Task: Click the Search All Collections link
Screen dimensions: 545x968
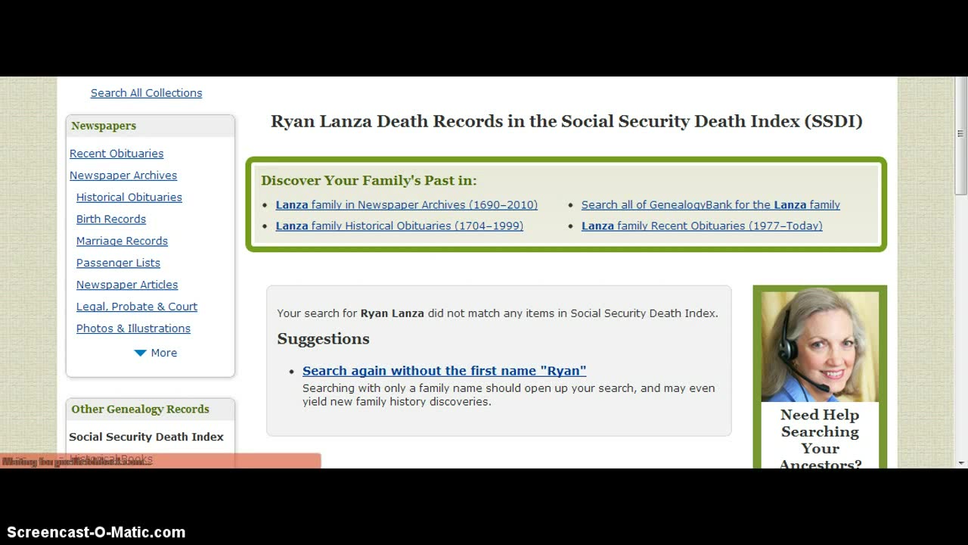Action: pyautogui.click(x=146, y=93)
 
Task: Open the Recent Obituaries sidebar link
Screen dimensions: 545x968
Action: pyautogui.click(x=116, y=154)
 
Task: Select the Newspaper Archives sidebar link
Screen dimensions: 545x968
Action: pyautogui.click(x=123, y=176)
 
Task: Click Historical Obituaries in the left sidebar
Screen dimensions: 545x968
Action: pyautogui.click(x=129, y=198)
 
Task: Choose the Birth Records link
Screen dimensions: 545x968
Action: pyautogui.click(x=111, y=220)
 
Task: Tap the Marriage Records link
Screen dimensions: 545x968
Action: pyautogui.click(x=122, y=241)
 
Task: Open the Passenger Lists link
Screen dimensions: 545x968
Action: pyautogui.click(x=118, y=263)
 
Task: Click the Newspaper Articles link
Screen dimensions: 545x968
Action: pyautogui.click(x=127, y=285)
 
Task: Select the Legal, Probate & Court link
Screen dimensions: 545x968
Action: pyautogui.click(x=137, y=307)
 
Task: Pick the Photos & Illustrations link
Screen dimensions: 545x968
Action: pyautogui.click(x=133, y=329)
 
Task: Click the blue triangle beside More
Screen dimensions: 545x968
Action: pyautogui.click(x=140, y=353)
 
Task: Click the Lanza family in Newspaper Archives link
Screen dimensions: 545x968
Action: pyautogui.click(x=406, y=205)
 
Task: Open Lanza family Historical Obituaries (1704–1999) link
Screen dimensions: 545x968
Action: pyautogui.click(x=399, y=226)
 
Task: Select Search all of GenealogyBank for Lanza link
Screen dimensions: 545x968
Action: pyautogui.click(x=710, y=205)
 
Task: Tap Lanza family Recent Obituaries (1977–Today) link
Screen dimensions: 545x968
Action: pyautogui.click(x=701, y=226)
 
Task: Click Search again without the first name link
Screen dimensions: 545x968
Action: pyautogui.click(x=444, y=371)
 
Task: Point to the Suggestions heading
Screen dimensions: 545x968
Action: pyautogui.click(x=323, y=339)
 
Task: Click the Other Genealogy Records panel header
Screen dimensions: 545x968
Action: pyautogui.click(x=140, y=410)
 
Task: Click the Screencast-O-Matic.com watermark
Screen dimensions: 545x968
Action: pyautogui.click(x=96, y=532)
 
